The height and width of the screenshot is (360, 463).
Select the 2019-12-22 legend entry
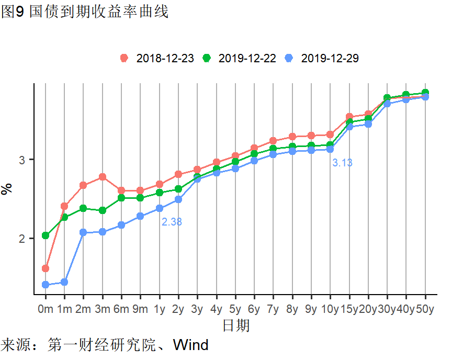point(240,58)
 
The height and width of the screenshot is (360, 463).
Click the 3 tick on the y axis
point(24,160)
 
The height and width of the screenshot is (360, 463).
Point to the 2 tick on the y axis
point(24,239)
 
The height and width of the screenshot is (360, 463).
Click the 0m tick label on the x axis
point(46,309)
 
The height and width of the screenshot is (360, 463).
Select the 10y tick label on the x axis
point(330,309)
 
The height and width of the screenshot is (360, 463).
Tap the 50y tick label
point(425,309)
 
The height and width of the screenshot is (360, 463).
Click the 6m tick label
point(121,309)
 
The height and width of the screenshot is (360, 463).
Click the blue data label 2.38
point(172,222)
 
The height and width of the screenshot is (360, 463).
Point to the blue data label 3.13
point(342,163)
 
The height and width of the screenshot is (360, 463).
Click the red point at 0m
point(46,268)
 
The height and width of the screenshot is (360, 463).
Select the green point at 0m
point(46,235)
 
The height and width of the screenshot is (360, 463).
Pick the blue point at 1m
point(64,282)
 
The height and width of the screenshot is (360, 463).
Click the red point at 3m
point(103,177)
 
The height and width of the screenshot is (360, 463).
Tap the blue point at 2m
point(83,232)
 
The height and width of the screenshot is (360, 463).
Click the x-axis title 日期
point(236,326)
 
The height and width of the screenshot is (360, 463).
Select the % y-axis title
point(7,188)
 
